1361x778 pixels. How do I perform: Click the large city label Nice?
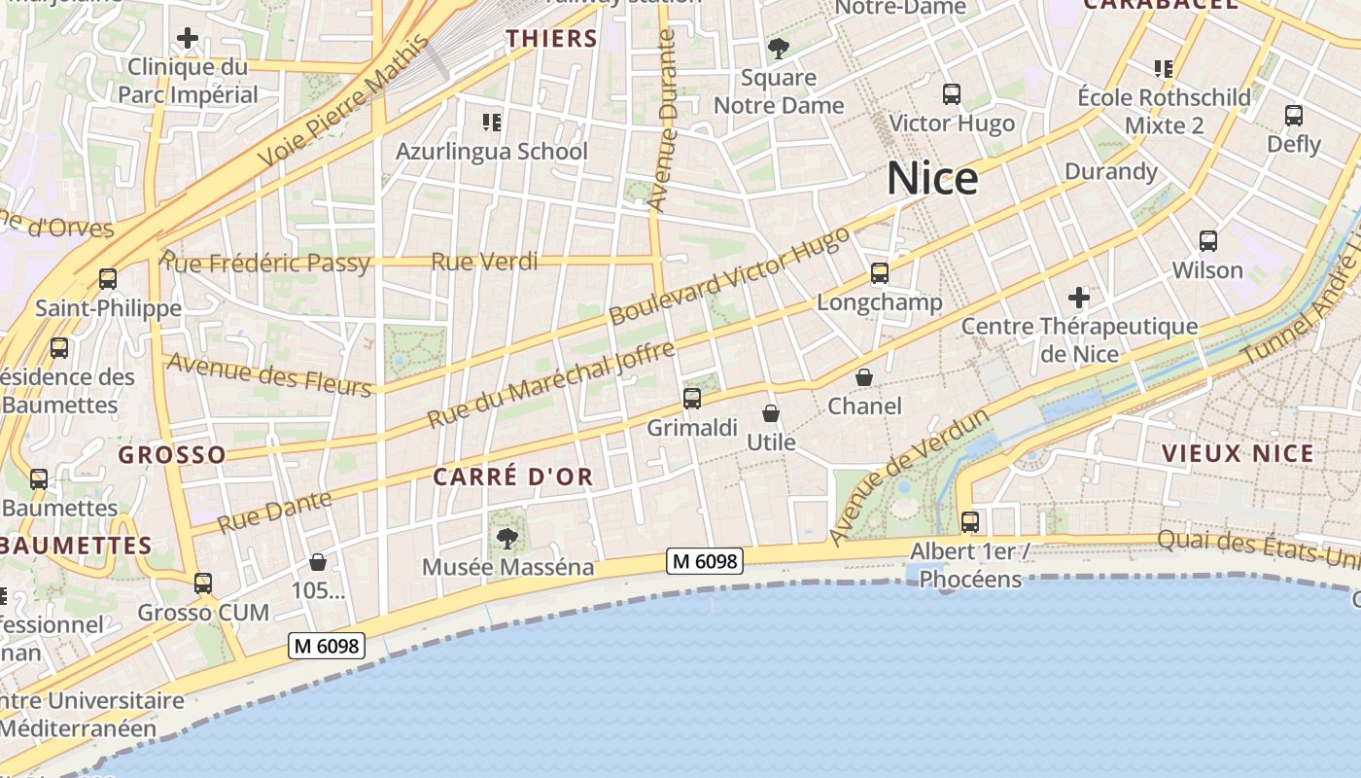click(x=931, y=179)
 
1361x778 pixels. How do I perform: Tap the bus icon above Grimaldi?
click(x=692, y=398)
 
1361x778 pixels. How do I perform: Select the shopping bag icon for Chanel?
click(x=864, y=376)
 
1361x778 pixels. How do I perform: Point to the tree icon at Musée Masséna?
click(x=506, y=538)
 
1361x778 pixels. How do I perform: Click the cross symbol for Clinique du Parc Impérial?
click(x=188, y=39)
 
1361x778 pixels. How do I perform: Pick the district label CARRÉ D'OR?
click(x=512, y=477)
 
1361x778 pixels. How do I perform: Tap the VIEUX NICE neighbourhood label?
click(x=1238, y=453)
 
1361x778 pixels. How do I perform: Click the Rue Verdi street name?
click(x=484, y=261)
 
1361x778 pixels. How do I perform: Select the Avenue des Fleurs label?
click(x=269, y=374)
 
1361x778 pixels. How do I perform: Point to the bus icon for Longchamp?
click(x=880, y=273)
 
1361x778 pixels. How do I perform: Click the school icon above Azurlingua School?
click(x=492, y=123)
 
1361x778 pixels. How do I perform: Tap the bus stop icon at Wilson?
click(x=1208, y=240)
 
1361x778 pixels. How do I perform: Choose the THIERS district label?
click(x=551, y=39)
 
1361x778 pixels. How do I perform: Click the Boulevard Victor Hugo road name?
click(x=729, y=275)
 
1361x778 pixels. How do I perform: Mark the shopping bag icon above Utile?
click(x=771, y=413)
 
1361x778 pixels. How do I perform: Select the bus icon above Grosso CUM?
click(x=203, y=583)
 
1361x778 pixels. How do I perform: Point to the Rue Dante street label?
click(x=274, y=513)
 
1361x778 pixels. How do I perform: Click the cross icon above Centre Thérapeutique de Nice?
click(x=1079, y=298)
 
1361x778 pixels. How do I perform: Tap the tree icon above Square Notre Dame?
click(x=778, y=47)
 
